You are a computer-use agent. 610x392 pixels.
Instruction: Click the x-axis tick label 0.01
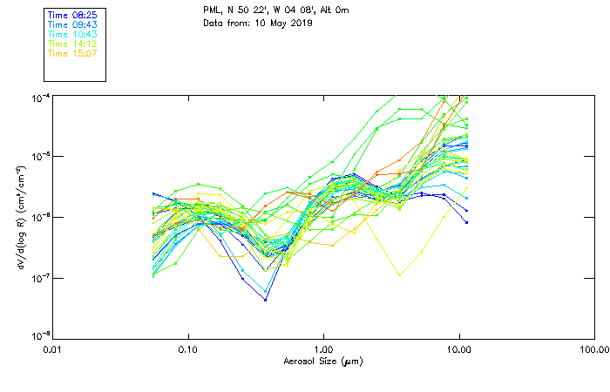[x=52, y=349]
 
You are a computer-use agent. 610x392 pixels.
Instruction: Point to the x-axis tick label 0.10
[x=187, y=349]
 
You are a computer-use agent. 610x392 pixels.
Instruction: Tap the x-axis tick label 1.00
[x=323, y=349]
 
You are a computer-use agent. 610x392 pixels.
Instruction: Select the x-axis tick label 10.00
[x=458, y=349]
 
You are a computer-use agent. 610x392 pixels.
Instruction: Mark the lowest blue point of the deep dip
[x=265, y=300]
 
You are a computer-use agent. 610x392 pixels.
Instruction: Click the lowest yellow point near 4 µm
[x=400, y=275]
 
